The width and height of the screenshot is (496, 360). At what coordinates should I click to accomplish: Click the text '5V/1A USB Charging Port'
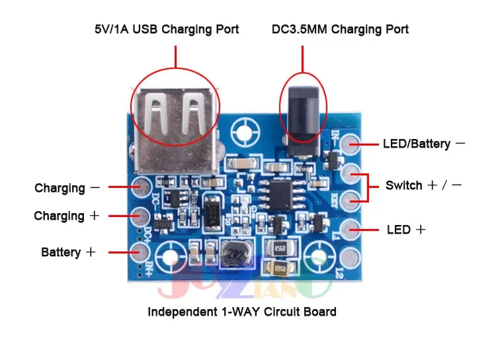pyautogui.click(x=166, y=30)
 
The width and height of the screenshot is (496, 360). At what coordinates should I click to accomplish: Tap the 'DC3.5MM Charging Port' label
pyautogui.click(x=340, y=30)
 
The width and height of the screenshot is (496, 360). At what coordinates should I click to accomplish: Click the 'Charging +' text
pyautogui.click(x=67, y=216)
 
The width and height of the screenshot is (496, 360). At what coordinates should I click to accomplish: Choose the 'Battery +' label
pyautogui.click(x=69, y=252)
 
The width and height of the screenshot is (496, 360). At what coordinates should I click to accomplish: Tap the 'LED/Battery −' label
pyautogui.click(x=424, y=144)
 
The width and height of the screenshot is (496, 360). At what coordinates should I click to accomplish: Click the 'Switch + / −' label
pyautogui.click(x=424, y=185)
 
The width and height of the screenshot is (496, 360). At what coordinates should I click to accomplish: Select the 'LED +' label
pyautogui.click(x=406, y=230)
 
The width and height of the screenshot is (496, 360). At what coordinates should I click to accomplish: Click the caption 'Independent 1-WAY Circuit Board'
pyautogui.click(x=242, y=312)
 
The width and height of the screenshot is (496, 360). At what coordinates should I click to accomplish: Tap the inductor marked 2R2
pyautogui.click(x=232, y=254)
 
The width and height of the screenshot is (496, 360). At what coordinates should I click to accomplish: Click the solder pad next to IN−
pyautogui.click(x=351, y=143)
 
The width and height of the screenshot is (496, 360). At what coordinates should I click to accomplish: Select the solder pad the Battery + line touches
pyautogui.click(x=139, y=251)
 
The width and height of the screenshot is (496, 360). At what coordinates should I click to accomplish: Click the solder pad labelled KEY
pyautogui.click(x=351, y=196)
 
